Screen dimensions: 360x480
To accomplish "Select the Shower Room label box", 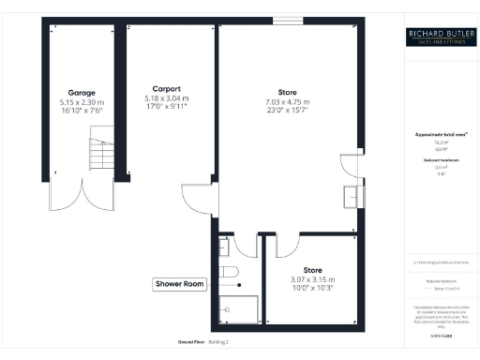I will pyautogui.click(x=179, y=284).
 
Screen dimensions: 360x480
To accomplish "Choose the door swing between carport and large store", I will pyautogui.click(x=199, y=200).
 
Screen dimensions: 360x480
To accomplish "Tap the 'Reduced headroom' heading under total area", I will pyautogui.click(x=437, y=160).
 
